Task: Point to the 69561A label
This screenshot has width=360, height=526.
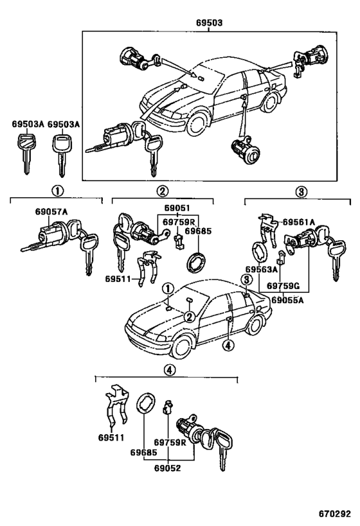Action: coord(299,222)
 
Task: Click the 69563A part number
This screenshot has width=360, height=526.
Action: coord(260,270)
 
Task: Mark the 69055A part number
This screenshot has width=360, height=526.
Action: coord(285,299)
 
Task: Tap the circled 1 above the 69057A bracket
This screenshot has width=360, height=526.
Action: coord(57,191)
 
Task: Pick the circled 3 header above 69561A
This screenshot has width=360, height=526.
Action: coord(301,191)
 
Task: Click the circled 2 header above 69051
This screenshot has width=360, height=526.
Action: coord(162,191)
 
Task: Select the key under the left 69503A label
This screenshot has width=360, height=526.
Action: coord(25,153)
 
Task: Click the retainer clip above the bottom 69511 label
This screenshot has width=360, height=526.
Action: coord(114,408)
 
